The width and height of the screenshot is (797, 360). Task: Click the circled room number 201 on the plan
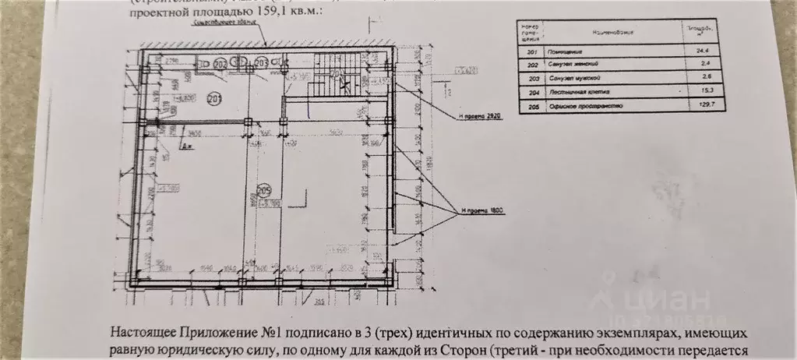point(214,98)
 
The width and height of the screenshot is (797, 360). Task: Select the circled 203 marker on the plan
point(262,62)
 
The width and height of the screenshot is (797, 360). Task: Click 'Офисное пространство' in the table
point(577,104)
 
